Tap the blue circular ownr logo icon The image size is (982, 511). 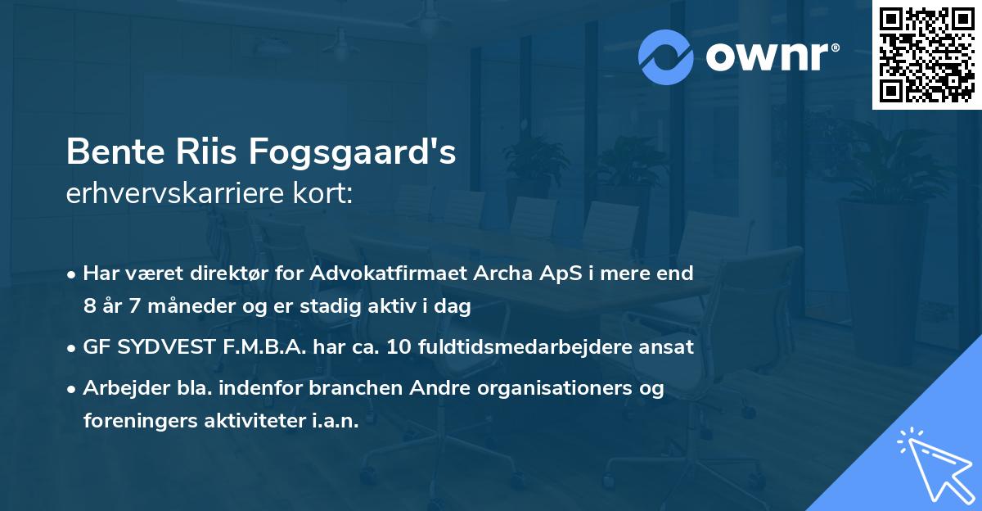pos(666,57)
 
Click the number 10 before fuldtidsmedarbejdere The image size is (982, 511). pos(402,347)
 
